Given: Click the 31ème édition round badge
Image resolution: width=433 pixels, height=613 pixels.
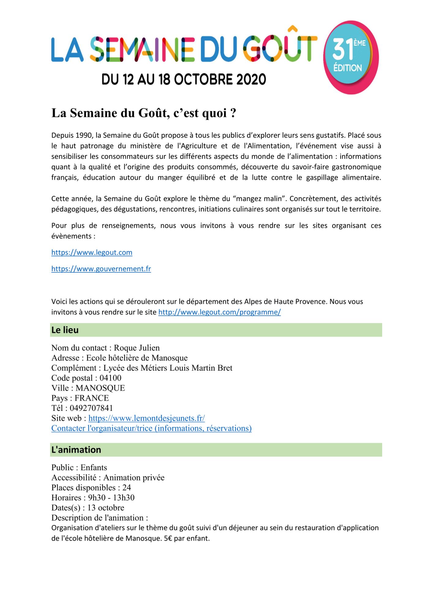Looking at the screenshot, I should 351,57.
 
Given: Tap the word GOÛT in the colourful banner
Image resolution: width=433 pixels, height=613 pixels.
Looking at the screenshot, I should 280,48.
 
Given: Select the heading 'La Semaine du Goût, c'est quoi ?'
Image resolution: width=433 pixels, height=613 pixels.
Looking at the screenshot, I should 144,113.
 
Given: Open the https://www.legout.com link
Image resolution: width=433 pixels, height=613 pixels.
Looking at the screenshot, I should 92,253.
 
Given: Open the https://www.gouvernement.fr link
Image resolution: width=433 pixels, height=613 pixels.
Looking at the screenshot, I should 101,269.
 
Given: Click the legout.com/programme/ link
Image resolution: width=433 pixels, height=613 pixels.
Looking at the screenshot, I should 219,312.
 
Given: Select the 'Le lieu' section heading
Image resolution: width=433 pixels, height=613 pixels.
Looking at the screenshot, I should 65,330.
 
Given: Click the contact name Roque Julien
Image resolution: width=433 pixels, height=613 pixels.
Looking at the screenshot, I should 137,348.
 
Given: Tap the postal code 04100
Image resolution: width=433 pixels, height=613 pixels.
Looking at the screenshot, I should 110,378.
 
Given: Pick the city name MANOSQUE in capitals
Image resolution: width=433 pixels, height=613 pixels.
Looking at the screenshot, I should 100,388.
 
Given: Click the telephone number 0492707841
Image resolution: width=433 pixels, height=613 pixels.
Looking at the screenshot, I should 91,408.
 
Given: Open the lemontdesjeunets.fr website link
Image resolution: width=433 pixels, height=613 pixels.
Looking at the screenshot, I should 146,418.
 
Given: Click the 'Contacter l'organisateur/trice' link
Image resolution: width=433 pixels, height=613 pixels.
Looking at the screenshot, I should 151,428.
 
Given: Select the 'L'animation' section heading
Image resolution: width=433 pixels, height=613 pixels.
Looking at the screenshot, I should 76,450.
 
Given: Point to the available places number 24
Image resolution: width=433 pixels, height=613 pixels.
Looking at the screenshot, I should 126,488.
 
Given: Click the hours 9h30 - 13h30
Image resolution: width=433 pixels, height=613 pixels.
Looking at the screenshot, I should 111,498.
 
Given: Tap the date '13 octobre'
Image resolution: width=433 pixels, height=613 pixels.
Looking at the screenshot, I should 106,508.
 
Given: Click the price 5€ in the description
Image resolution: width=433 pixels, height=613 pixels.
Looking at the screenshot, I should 168,539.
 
